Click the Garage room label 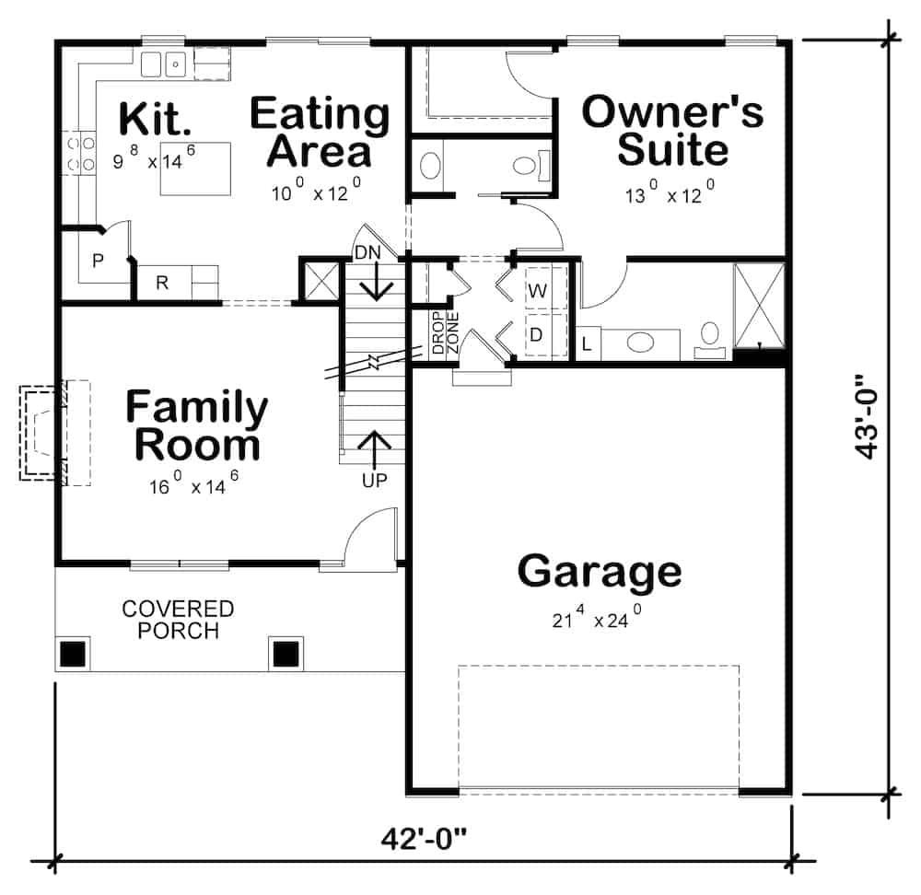(x=600, y=571)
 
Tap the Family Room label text (x=197, y=425)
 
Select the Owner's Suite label (x=673, y=130)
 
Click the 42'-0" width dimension (x=426, y=839)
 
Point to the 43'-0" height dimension (x=868, y=416)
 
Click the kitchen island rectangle (x=195, y=169)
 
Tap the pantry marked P (x=98, y=261)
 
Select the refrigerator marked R (x=162, y=283)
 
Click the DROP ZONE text (x=446, y=332)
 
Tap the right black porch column (x=286, y=653)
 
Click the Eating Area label (x=320, y=132)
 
